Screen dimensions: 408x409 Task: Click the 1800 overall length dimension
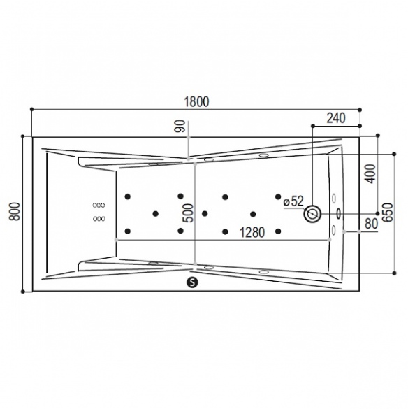point(196,102)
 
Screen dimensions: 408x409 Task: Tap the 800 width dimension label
point(15,212)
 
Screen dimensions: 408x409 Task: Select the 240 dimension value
point(336,118)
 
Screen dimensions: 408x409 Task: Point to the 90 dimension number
point(180,127)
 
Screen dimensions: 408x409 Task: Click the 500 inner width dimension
point(189,213)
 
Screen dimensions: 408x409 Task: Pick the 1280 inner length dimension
point(252,232)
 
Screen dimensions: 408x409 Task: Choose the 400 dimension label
point(371,173)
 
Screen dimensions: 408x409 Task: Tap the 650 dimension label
point(388,213)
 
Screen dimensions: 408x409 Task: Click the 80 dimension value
point(372,224)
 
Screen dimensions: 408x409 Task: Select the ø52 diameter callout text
point(293,201)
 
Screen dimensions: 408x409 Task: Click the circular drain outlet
point(312,214)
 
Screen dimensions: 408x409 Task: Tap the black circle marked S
point(192,282)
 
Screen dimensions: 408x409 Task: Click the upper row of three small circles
point(99,206)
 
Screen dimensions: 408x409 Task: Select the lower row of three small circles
point(99,219)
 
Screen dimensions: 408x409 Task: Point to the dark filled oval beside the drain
point(339,214)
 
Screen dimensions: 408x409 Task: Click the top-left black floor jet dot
point(128,196)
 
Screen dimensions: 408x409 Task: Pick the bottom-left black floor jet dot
point(128,231)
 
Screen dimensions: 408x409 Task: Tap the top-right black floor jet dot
point(278,196)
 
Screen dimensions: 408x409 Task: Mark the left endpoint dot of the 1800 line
point(32,109)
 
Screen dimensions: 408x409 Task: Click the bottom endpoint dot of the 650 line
point(394,273)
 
